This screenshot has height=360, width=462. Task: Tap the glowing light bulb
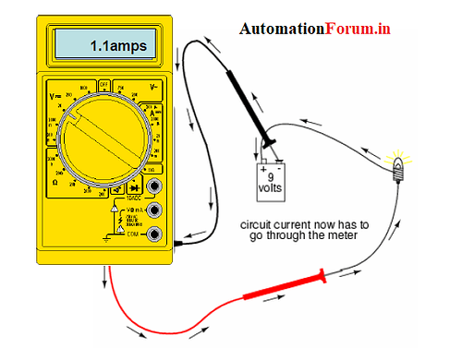pos(400,167)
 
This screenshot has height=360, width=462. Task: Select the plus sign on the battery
pos(263,168)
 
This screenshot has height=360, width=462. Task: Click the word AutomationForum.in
pos(314,30)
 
